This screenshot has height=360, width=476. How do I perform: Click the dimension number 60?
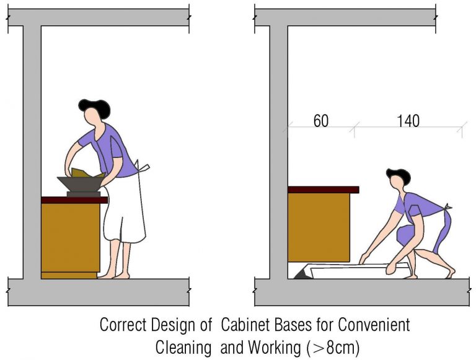[x=320, y=121]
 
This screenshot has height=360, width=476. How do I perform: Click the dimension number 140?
[x=407, y=121]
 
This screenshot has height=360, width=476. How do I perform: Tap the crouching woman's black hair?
[x=399, y=175]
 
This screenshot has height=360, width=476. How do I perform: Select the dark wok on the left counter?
[x=81, y=183]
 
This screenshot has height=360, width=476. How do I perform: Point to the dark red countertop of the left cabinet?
[x=74, y=200]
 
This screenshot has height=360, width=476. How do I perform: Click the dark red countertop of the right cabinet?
[x=323, y=190]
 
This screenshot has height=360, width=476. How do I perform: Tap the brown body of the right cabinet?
[x=319, y=227]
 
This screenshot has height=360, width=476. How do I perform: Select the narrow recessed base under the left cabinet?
[x=69, y=274]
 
